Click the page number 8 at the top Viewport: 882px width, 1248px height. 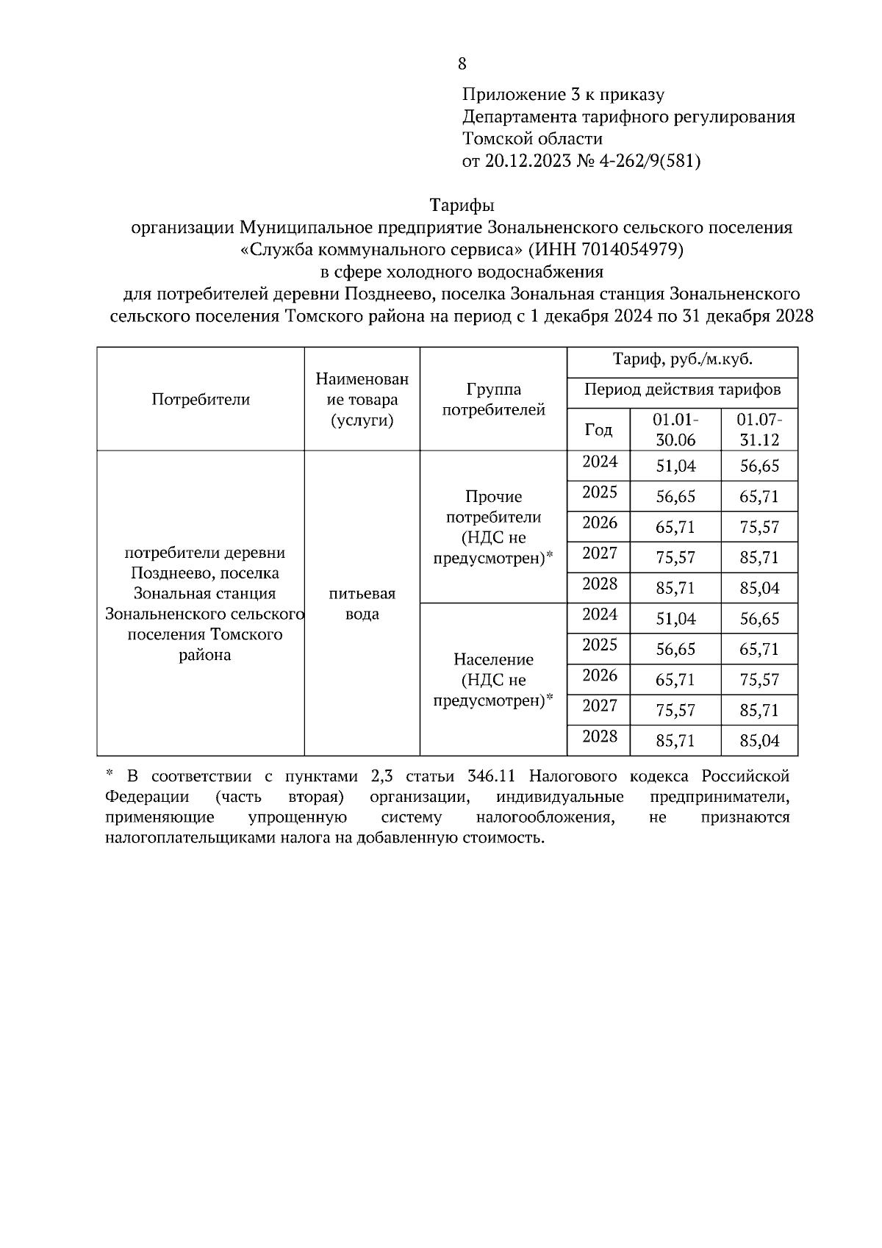coord(462,64)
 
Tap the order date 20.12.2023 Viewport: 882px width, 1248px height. coord(527,161)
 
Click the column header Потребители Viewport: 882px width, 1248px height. coord(201,399)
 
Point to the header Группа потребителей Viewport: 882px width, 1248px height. coord(493,399)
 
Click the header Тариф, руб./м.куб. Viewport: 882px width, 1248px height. coord(682,359)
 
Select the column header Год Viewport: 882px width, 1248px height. coord(598,429)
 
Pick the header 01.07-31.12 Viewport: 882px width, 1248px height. coord(759,429)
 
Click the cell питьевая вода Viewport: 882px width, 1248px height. coord(362,603)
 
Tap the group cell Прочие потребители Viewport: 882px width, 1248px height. coord(493,527)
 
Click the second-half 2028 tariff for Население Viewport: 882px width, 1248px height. coord(759,741)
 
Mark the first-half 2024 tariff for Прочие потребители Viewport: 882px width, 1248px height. coord(675,466)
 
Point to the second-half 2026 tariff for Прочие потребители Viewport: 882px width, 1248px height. coord(759,527)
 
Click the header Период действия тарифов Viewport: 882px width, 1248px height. coord(682,390)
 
